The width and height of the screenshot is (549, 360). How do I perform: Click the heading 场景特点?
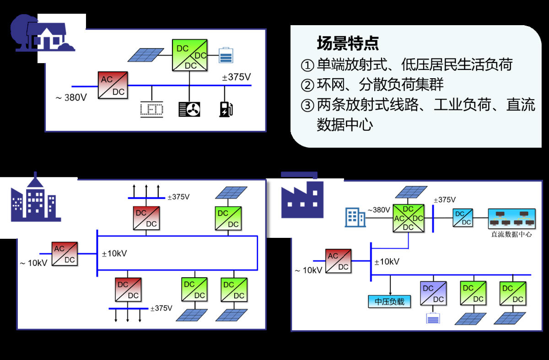pyautogui.click(x=348, y=43)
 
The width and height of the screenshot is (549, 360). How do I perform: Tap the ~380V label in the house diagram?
pyautogui.click(x=71, y=97)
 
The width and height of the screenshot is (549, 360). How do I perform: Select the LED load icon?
pyautogui.click(x=151, y=110)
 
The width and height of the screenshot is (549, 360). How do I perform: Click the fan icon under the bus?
pyautogui.click(x=189, y=109)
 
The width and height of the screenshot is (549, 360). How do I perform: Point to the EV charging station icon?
pyautogui.click(x=226, y=109)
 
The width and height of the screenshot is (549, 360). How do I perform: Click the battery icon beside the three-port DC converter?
pyautogui.click(x=226, y=55)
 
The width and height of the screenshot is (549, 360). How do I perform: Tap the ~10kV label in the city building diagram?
pyautogui.click(x=33, y=263)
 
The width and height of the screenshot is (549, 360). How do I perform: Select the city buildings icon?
pyautogui.click(x=34, y=201)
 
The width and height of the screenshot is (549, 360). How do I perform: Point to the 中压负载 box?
pyautogui.click(x=389, y=301)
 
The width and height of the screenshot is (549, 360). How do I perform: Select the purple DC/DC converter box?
pyautogui.click(x=432, y=293)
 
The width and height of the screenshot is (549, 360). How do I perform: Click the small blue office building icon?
pyautogui.click(x=355, y=217)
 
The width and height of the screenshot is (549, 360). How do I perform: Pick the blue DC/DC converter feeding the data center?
pyautogui.click(x=463, y=218)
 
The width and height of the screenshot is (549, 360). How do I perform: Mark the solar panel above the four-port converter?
pyautogui.click(x=411, y=192)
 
